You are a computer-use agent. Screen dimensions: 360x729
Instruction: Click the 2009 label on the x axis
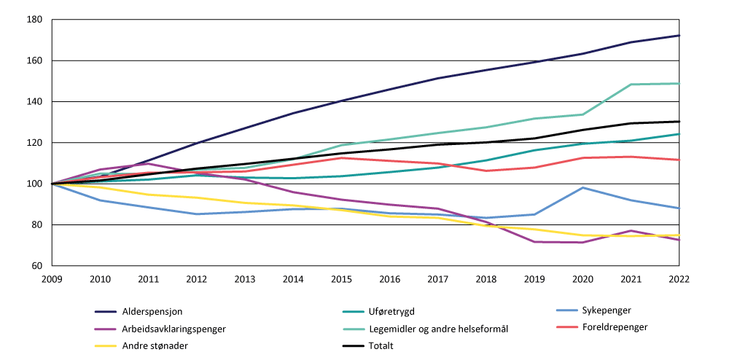point(52,278)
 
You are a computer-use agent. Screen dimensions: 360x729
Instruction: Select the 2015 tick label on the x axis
point(341,278)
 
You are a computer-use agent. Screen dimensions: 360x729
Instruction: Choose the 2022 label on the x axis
point(679,278)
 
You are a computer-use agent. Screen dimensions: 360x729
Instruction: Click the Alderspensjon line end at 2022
point(679,36)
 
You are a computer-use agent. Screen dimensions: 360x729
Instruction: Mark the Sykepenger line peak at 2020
point(582,188)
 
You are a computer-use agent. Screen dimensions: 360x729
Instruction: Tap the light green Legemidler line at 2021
point(631,85)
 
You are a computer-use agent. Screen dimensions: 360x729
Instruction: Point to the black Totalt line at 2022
point(679,122)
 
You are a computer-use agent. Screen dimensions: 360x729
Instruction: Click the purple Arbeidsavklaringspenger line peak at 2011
point(149,163)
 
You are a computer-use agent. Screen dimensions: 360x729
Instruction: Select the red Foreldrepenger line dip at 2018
point(486,171)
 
